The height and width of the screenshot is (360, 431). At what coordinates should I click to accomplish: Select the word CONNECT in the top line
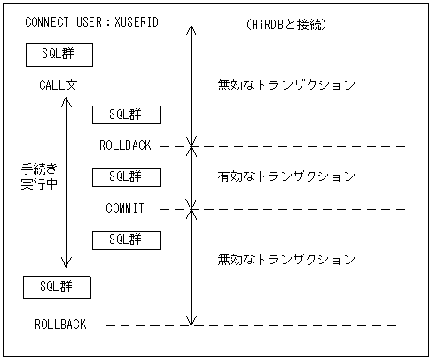coord(48,21)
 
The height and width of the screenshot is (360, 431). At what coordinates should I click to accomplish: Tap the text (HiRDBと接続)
coord(286,24)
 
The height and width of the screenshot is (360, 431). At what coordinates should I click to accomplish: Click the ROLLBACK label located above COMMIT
coord(126,145)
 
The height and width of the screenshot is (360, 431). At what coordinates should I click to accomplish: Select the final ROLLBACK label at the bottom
coord(60,325)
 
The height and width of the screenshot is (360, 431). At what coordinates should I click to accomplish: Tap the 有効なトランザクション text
coord(286,176)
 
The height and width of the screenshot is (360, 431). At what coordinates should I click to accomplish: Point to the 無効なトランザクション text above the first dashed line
coord(286,85)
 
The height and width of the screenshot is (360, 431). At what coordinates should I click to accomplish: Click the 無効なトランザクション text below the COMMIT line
coord(286,260)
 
